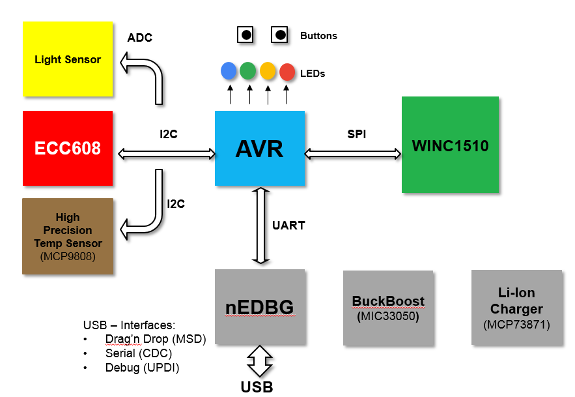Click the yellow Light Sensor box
[x=68, y=59]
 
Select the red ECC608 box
[x=68, y=148]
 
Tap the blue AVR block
[x=260, y=148]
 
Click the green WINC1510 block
[x=450, y=145]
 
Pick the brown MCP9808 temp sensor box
[x=68, y=236]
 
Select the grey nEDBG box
[x=260, y=307]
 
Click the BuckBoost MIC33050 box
[x=388, y=308]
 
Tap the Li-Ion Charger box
[x=516, y=308]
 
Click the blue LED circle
[x=229, y=70]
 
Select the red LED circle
[x=287, y=72]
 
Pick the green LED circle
[x=248, y=70]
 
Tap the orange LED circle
[x=268, y=70]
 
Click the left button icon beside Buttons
[x=245, y=35]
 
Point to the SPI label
[x=356, y=134]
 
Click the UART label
[x=288, y=226]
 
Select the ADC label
[x=139, y=38]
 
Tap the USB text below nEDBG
[x=257, y=387]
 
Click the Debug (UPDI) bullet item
[x=142, y=368]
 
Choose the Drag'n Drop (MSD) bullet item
[x=155, y=339]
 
